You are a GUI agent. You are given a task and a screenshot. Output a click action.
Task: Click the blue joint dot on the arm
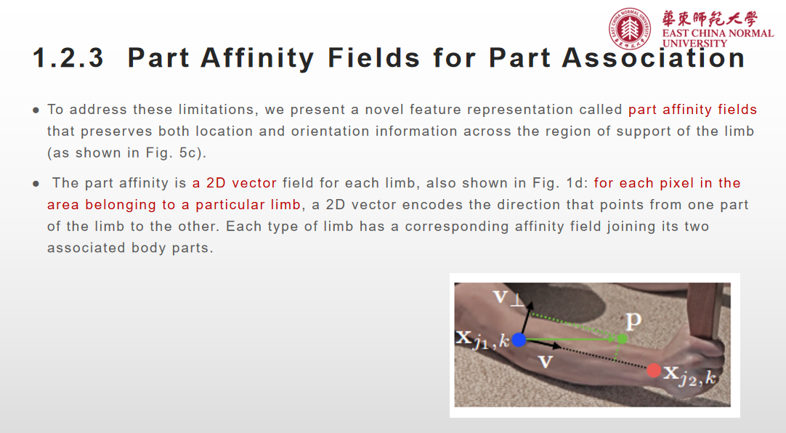[x=519, y=339]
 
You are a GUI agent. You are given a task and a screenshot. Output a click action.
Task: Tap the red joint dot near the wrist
[x=654, y=370]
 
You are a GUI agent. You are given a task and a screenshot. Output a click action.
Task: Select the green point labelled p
[x=622, y=338]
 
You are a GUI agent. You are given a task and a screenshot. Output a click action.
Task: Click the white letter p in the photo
[x=633, y=320]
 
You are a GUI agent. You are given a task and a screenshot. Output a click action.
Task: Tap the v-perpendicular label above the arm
[x=509, y=296]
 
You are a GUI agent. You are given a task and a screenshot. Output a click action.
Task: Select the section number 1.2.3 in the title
[x=69, y=58]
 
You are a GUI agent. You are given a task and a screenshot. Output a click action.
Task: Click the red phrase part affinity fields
[x=692, y=110]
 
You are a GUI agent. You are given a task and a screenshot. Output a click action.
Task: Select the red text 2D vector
[x=235, y=183]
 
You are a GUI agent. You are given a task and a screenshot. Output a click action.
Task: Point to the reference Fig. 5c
[x=174, y=154]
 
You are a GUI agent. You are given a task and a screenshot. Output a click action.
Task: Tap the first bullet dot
[x=36, y=110]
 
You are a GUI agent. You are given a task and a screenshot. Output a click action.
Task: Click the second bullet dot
[x=36, y=184]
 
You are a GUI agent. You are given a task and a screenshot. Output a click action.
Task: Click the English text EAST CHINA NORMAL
[x=718, y=33]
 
